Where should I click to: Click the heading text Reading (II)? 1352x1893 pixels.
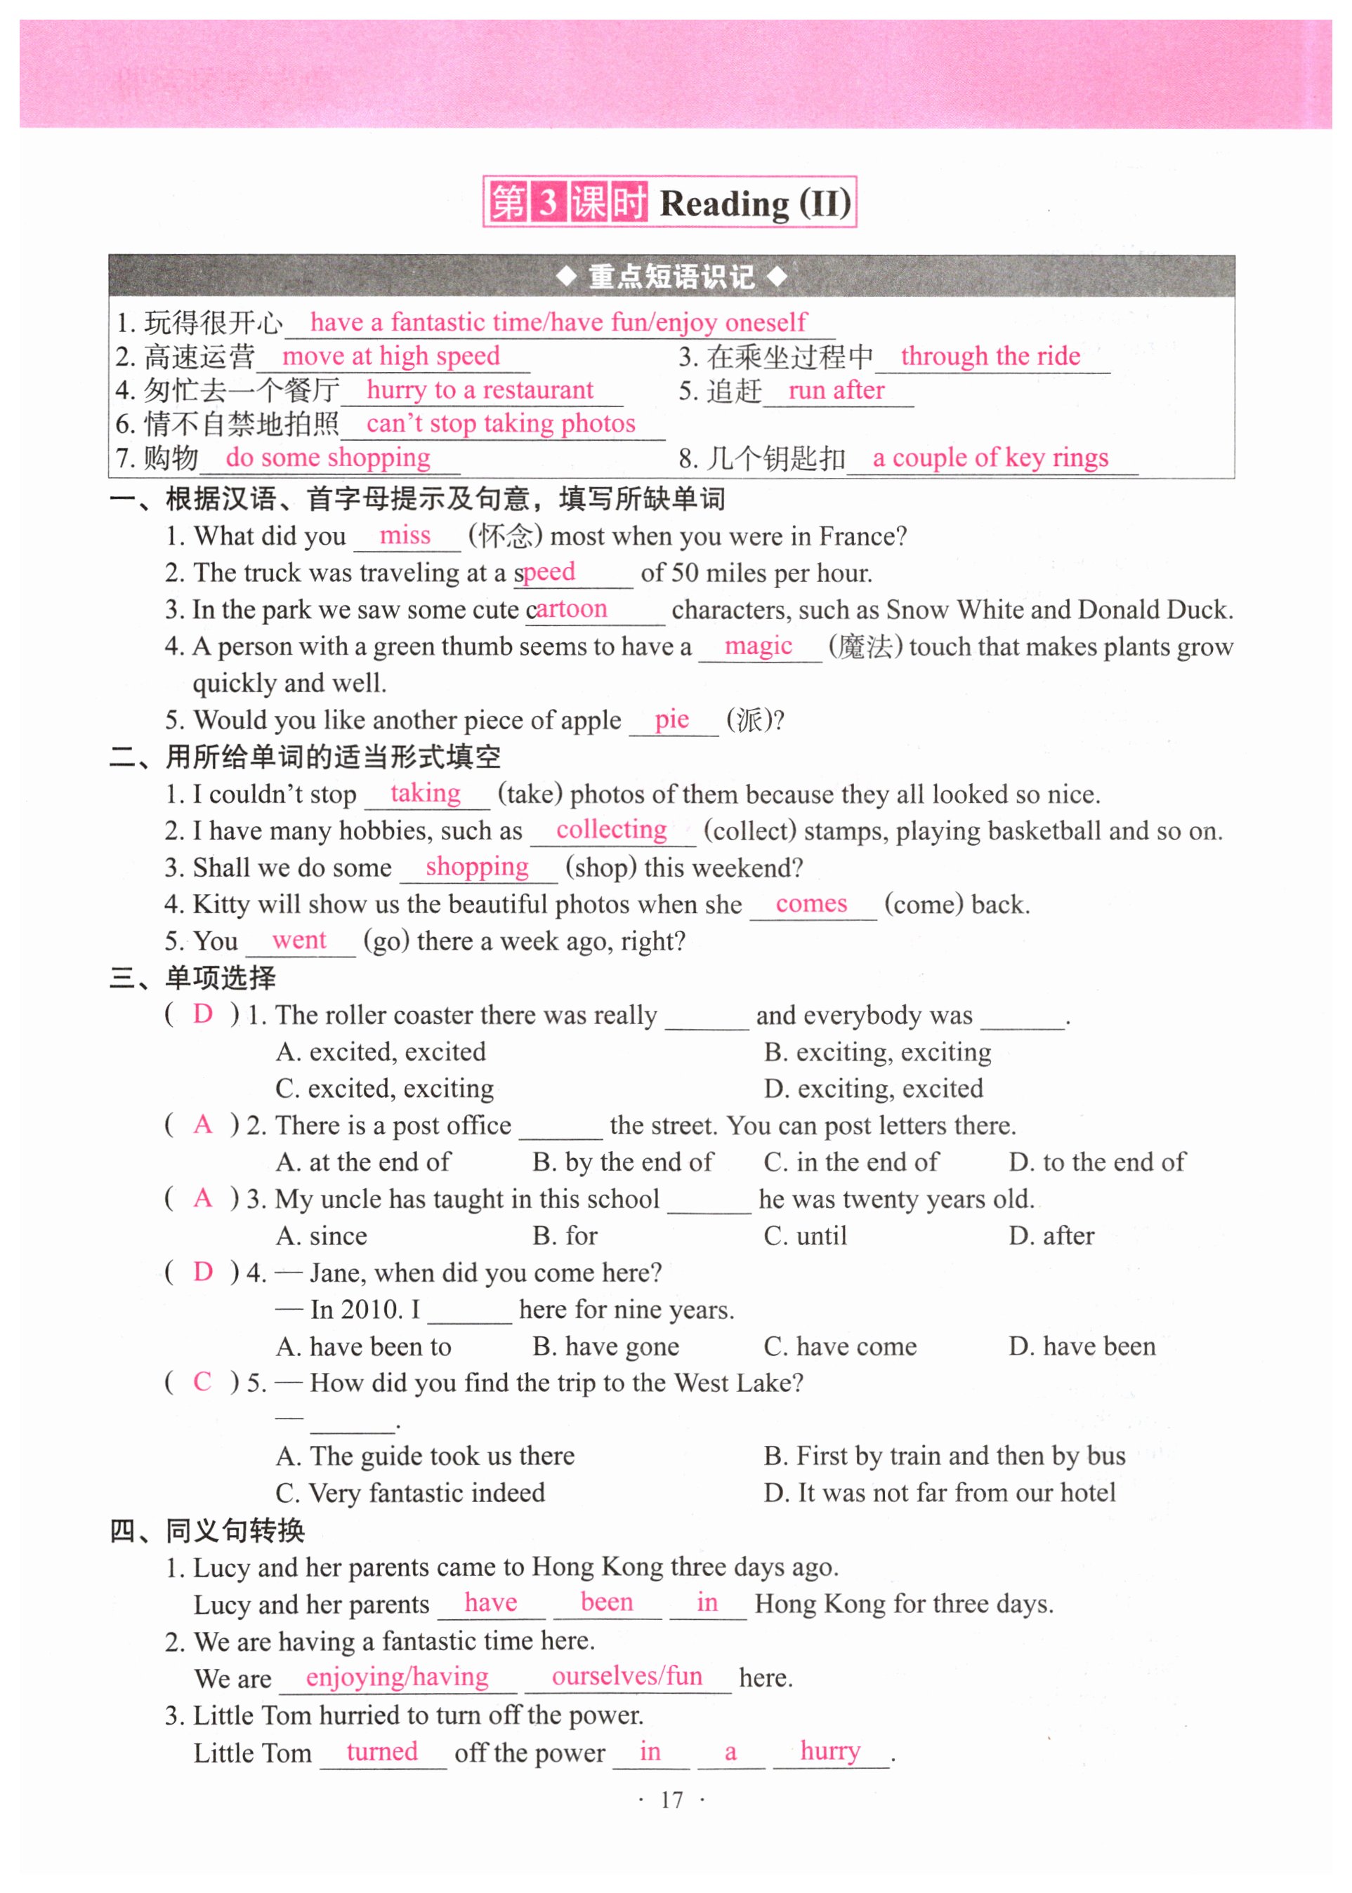point(755,204)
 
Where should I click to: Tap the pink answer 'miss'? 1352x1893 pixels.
point(405,535)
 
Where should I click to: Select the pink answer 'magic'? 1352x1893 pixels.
point(758,646)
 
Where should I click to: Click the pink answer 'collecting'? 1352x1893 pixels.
point(611,830)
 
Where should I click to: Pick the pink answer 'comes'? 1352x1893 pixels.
point(811,903)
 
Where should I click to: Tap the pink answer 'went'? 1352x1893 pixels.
point(299,941)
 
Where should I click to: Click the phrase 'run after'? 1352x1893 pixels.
point(836,390)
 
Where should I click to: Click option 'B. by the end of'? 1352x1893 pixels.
point(623,1162)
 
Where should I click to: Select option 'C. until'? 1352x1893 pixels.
point(805,1235)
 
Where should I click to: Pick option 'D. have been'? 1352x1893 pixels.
point(1082,1346)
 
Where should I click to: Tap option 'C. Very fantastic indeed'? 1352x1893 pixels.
point(410,1493)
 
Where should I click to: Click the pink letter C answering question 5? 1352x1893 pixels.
point(202,1382)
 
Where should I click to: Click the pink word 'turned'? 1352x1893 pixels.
point(382,1751)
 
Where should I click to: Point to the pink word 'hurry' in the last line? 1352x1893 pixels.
point(830,1751)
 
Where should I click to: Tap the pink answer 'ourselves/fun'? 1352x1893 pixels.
point(627,1677)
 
